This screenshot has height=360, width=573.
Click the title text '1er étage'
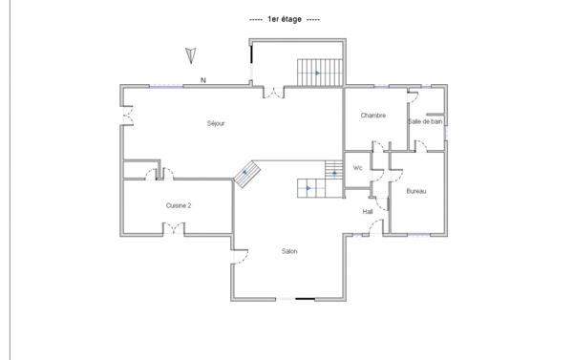(285, 19)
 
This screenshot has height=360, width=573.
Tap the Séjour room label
(216, 123)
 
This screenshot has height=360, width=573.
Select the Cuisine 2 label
(179, 205)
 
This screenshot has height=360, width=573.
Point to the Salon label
(288, 252)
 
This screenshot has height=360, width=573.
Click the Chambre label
(372, 116)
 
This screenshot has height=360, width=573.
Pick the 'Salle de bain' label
(425, 121)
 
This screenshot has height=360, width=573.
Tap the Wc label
(358, 168)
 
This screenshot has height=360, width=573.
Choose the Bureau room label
(416, 192)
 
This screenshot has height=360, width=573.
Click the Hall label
(368, 211)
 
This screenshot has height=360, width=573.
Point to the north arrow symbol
(190, 55)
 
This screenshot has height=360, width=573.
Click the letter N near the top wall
(202, 80)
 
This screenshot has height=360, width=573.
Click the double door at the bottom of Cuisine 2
(173, 227)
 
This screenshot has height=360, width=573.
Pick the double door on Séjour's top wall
(273, 93)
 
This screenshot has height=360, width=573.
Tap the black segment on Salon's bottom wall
(306, 300)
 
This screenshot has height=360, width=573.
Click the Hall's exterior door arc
(375, 225)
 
